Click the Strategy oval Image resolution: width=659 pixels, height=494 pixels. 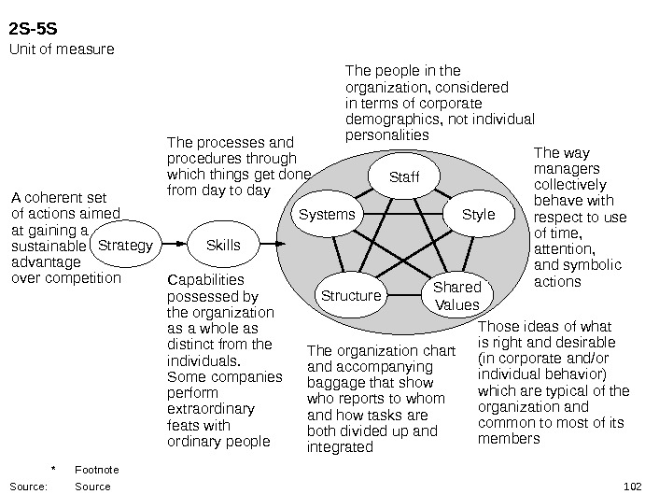[125, 246]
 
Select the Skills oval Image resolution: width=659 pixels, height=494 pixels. [222, 245]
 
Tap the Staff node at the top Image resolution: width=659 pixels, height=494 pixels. [404, 177]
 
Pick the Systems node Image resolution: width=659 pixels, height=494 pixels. [328, 215]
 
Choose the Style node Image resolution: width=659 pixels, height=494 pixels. [479, 215]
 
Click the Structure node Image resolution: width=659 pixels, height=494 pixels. [352, 296]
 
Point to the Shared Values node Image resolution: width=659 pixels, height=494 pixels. [457, 295]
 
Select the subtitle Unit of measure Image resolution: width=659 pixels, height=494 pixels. [62, 48]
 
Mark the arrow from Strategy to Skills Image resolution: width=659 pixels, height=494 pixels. [173, 245]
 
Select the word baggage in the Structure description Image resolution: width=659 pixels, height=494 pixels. [333, 383]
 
